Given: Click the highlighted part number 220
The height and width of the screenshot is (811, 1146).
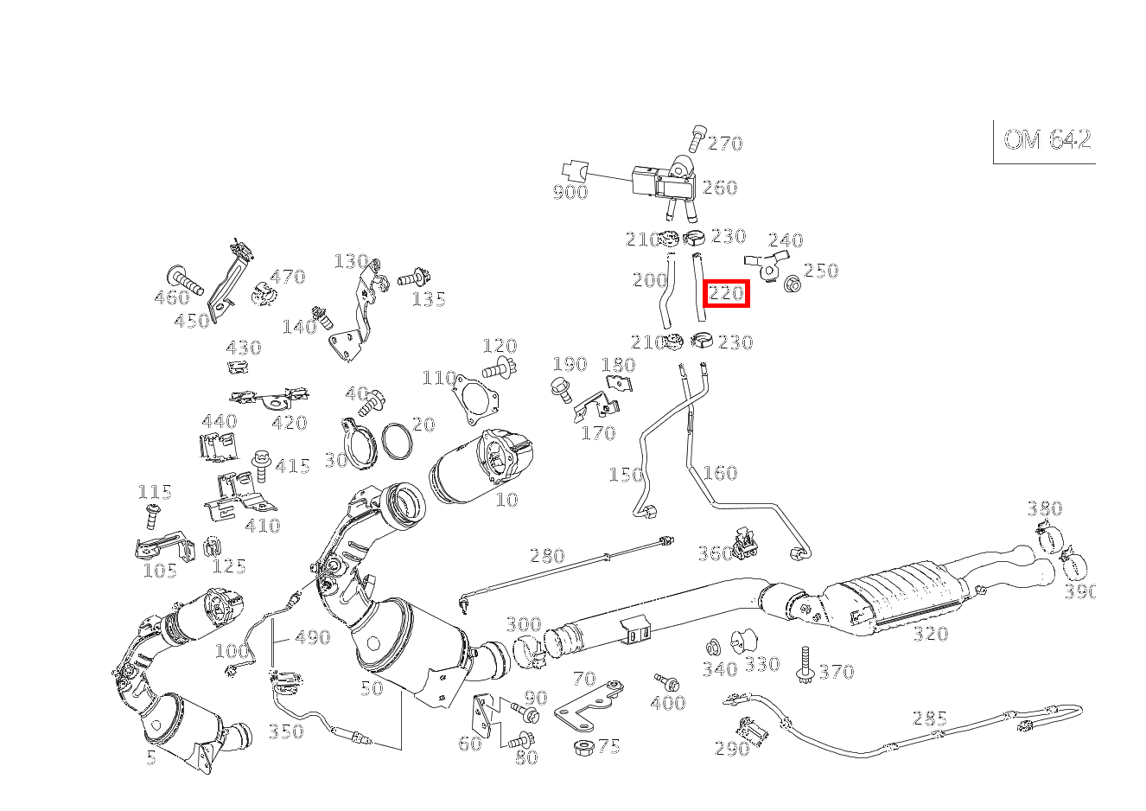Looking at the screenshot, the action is point(726,294).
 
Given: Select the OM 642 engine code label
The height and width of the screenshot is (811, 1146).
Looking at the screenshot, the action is point(1047,140).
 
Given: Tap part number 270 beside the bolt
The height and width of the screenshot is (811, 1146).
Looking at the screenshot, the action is point(725,144).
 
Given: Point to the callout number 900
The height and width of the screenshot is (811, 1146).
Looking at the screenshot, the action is point(570,193).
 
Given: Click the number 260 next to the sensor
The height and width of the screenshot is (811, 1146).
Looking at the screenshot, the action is point(720,188).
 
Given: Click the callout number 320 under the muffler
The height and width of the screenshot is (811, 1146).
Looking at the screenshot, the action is point(930,635).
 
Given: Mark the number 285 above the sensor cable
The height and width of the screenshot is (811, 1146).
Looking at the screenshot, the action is point(930,718).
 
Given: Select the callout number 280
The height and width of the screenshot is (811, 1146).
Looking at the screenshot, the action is point(546,556).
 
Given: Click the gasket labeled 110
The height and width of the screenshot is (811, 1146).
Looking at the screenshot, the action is point(474,399).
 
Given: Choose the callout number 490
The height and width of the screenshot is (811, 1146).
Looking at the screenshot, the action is point(312,638).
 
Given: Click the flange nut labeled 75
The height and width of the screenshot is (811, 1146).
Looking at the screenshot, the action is point(583,746).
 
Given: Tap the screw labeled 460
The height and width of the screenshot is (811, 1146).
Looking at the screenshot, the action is point(185,278).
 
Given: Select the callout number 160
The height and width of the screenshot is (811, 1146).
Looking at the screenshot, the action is point(720,473).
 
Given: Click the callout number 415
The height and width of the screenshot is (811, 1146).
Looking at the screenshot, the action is point(292,467).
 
